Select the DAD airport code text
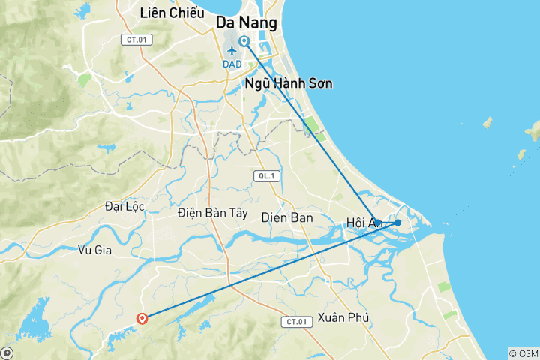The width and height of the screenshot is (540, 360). (233, 64)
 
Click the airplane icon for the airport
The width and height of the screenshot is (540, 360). (232, 50)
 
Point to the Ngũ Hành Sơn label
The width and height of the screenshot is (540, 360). (289, 83)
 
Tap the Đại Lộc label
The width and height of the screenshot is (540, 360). (124, 206)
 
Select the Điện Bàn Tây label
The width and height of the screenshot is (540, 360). (212, 213)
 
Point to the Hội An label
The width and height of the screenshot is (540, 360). (364, 222)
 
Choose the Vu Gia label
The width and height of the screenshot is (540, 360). (94, 250)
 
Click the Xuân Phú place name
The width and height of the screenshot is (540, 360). (343, 317)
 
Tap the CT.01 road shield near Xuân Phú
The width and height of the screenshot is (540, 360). (296, 322)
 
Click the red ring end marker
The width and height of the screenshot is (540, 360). (142, 319)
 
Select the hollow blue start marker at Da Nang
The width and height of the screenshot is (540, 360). (244, 41)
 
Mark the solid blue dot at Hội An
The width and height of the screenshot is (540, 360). (397, 223)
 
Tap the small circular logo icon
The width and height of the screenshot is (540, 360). (7, 352)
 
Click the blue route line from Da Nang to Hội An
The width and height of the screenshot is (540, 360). (315, 135)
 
